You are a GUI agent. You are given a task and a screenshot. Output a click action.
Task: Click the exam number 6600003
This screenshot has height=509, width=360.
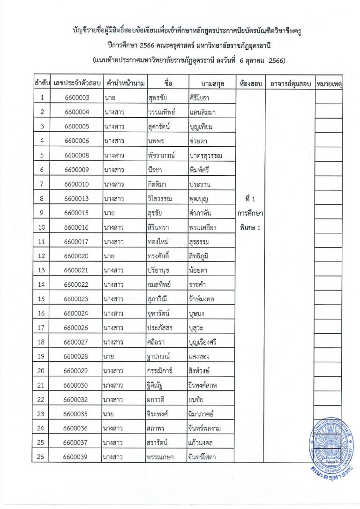tap(77, 97)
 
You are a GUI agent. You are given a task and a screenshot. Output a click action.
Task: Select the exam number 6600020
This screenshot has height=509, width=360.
tap(77, 256)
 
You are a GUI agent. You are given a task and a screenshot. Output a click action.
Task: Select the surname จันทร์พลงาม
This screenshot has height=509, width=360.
tap(209, 428)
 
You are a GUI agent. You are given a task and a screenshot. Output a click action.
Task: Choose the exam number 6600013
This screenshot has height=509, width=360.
tap(77, 198)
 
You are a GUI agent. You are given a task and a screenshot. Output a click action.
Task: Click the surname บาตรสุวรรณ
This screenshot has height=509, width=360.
tap(209, 155)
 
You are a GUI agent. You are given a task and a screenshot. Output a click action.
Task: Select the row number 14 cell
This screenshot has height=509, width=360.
tap(42, 284)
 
